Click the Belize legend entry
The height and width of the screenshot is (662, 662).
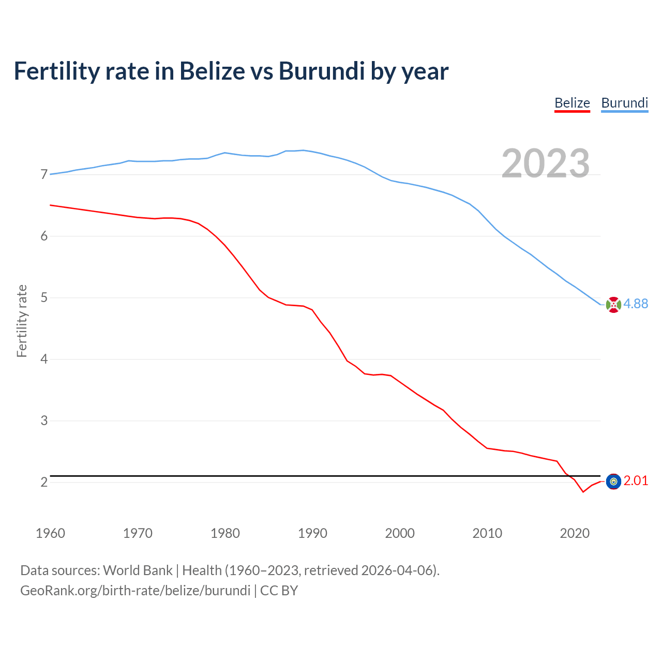click(x=572, y=103)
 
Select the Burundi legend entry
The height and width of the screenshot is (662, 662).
click(x=624, y=103)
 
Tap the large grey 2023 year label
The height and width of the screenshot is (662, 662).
click(x=546, y=163)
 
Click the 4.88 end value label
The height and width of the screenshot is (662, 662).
click(x=636, y=304)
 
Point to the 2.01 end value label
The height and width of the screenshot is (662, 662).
click(x=636, y=481)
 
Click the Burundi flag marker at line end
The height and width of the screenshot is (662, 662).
click(x=613, y=305)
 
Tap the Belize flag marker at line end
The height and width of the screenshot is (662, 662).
click(x=613, y=482)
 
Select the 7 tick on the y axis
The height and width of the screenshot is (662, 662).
click(x=44, y=175)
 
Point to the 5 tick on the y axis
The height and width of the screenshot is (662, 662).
click(x=44, y=298)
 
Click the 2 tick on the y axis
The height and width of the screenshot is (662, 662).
click(x=44, y=482)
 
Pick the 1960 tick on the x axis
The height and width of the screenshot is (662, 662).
click(x=50, y=533)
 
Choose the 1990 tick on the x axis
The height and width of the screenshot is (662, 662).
click(x=312, y=533)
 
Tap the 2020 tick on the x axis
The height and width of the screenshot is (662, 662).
click(x=575, y=533)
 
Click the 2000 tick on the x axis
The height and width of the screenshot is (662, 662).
click(x=400, y=533)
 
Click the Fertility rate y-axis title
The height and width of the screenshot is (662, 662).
click(x=22, y=321)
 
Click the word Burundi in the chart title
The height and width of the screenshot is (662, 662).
click(x=322, y=71)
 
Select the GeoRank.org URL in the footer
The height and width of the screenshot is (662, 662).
click(x=135, y=591)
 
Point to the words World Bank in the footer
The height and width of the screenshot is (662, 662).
click(x=138, y=570)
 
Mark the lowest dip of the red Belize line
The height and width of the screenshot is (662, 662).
click(x=583, y=492)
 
